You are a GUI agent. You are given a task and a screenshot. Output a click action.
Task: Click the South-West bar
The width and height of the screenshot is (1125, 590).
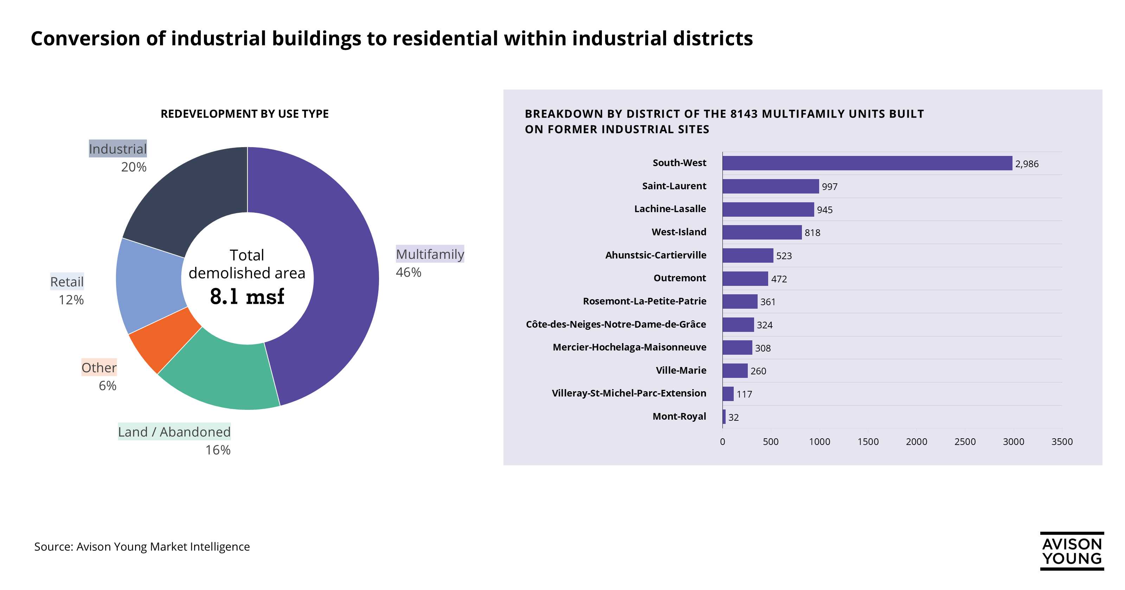point(867,163)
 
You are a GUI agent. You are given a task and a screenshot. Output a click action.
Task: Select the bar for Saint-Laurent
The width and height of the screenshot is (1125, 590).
point(770,186)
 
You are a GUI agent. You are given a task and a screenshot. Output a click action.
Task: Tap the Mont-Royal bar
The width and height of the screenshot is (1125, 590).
point(724,417)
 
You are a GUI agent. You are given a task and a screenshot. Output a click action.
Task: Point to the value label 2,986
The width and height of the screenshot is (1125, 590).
point(1026,164)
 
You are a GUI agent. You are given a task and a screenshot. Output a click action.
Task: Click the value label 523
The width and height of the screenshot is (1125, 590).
point(784,256)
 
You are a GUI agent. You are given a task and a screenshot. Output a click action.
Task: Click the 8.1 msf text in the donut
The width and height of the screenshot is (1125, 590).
point(247,297)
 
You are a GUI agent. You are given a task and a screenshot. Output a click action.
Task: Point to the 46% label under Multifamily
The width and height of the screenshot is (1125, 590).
point(408,272)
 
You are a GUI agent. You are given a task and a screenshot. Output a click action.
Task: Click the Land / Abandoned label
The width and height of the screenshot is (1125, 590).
point(174,432)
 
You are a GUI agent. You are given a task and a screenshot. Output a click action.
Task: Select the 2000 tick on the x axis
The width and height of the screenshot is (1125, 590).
point(916,442)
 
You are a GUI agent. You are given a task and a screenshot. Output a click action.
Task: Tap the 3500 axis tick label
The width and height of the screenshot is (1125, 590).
point(1062,442)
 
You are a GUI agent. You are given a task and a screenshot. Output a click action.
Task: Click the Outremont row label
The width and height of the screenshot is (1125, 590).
point(680,278)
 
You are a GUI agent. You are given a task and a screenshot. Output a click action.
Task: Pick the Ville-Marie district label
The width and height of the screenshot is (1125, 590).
point(681,371)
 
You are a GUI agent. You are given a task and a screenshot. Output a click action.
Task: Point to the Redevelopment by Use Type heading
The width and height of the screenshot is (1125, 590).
point(245,114)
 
